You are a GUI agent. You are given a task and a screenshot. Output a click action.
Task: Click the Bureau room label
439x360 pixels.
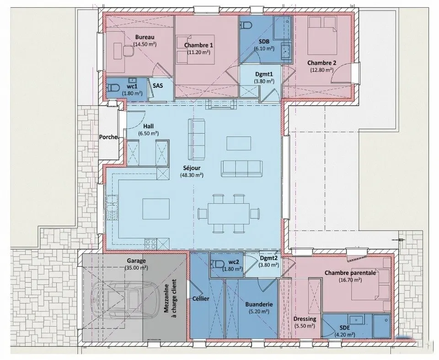click(x=145, y=37)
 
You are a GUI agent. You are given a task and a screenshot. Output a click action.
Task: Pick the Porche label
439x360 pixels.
click(x=108, y=137)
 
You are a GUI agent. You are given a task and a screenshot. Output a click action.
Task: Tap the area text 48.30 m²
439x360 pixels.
click(x=192, y=175)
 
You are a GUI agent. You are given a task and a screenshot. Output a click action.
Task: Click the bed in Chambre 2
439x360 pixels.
click(x=322, y=35)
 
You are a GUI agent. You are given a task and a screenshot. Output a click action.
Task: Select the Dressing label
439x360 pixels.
click(x=305, y=319)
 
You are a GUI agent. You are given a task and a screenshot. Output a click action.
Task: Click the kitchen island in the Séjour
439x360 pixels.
click(x=156, y=209)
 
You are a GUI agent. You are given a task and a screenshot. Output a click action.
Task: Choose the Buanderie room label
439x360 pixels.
click(x=259, y=304)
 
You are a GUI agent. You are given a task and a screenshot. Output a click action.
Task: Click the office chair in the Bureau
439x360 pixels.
click(x=128, y=50)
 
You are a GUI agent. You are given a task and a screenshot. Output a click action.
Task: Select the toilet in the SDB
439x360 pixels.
click(x=246, y=26)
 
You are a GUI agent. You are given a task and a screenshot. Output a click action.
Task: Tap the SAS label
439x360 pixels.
click(x=158, y=86)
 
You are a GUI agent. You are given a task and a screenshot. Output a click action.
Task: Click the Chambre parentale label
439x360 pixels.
click(x=350, y=273)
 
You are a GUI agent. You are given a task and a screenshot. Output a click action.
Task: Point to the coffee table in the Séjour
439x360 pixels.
click(x=239, y=143)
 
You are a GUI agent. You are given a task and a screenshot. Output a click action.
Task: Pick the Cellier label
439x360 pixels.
click(x=201, y=299)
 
